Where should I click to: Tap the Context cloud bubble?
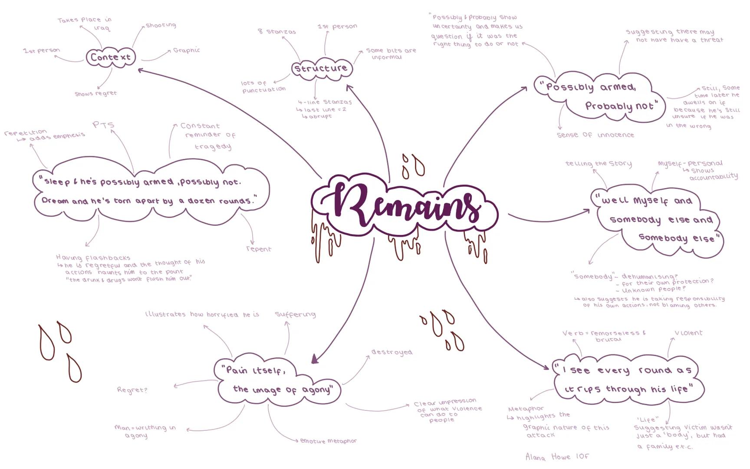[110, 57]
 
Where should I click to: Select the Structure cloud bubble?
[321, 69]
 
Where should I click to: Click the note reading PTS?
[104, 125]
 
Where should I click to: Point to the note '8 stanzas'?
[277, 32]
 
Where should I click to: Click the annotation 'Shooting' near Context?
[161, 25]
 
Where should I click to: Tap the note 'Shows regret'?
[95, 93]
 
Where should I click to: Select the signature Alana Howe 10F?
[557, 456]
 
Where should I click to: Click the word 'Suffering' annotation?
[295, 314]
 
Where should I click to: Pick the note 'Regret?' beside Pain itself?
[132, 390]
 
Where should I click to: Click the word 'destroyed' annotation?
[391, 352]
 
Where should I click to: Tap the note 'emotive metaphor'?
[328, 441]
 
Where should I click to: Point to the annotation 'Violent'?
[688, 333]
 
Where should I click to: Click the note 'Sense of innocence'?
[595, 135]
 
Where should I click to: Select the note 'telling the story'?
[598, 164]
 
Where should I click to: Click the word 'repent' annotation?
[259, 249]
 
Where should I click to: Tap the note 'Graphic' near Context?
[186, 50]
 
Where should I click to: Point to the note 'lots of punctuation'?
[263, 86]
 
